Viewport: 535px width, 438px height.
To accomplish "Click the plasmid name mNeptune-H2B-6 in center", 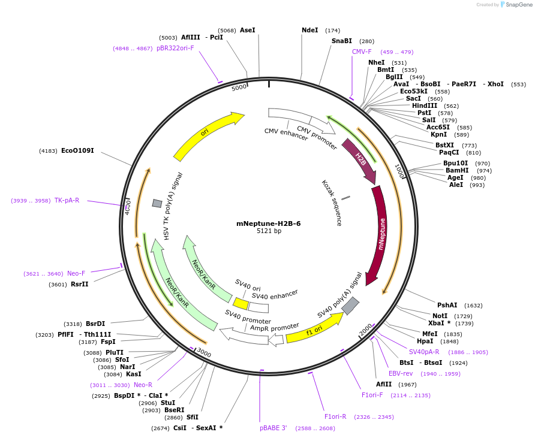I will tap(268, 223).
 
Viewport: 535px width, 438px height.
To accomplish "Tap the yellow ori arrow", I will tap(207, 135).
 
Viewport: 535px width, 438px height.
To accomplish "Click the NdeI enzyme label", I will tap(309, 30).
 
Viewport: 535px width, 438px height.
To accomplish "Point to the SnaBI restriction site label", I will tap(341, 41).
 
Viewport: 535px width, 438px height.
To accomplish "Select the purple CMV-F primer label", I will tap(362, 52).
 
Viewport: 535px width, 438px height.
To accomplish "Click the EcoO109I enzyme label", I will tap(77, 150).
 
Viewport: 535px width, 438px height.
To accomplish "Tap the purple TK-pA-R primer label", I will tap(67, 200).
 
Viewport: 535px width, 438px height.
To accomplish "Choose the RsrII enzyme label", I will tap(79, 284).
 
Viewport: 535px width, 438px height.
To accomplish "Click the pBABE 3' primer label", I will tap(273, 428).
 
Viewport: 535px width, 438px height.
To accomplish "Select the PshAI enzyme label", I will tap(447, 305).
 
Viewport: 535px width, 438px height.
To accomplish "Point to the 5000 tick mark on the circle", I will tap(239, 87).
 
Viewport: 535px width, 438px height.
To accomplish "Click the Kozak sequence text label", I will tap(332, 203).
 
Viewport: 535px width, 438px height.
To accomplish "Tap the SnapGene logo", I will tap(516, 5).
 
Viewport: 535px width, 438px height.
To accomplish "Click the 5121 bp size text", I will tap(269, 231).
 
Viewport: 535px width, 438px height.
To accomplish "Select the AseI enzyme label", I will tap(247, 30).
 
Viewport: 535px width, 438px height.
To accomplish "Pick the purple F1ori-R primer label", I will tap(335, 416).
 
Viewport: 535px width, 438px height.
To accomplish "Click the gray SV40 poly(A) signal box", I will tap(350, 306).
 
